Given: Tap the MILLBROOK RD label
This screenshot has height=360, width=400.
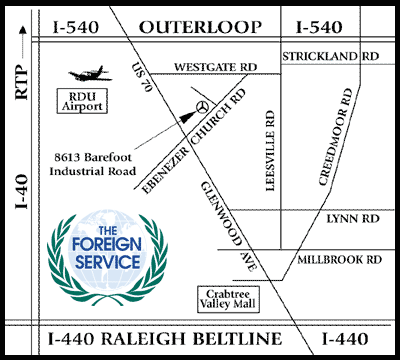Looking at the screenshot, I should point(341,258).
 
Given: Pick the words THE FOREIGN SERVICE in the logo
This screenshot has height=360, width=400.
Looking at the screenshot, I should point(105,241).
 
